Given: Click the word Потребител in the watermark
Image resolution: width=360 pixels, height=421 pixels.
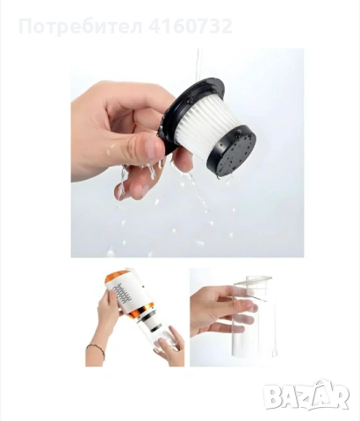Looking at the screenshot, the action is click(81, 26).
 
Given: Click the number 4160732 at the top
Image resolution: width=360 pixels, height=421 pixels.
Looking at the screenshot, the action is click(191, 25).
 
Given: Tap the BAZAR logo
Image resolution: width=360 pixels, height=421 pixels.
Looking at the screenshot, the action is click(306, 395).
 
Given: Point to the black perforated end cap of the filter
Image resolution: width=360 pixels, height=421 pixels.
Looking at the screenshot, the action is click(233, 153).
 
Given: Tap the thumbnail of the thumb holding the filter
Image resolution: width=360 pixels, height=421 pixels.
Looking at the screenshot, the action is click(153, 146).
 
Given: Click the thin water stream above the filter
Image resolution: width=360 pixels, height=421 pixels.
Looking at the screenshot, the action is click(198, 64).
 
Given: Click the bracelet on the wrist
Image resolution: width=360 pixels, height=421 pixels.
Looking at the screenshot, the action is click(97, 350).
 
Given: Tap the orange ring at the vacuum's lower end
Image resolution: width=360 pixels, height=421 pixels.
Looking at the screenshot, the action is click(141, 312).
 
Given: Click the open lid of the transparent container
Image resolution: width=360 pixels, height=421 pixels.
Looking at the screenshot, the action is click(252, 280).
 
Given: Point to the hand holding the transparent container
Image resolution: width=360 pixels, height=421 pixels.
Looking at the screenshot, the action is click(221, 310).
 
